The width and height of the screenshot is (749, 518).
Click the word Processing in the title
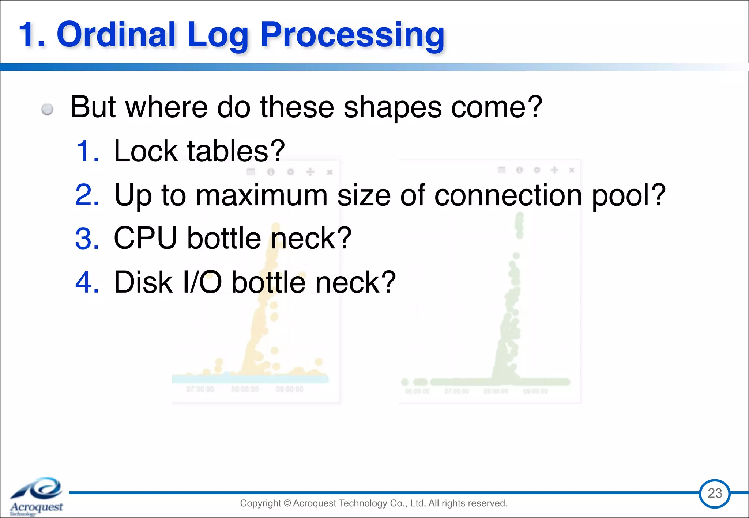pos(352,36)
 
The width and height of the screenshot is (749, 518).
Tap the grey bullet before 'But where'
pos(47,109)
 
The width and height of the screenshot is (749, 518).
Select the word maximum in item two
pos(261,195)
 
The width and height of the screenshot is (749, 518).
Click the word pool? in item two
pos(629,196)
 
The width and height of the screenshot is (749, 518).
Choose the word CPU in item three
pos(146,238)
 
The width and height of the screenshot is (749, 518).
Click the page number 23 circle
pos(715,494)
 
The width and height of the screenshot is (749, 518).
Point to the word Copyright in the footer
pos(260,503)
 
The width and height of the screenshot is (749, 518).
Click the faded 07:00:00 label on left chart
pos(200,389)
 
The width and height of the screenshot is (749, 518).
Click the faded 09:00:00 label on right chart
pos(535,391)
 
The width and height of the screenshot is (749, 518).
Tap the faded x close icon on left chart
pos(330,172)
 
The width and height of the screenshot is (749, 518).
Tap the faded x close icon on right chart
pos(572,170)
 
